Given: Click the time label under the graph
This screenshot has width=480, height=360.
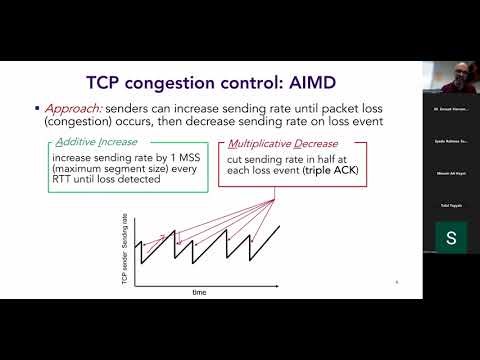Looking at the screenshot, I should click(x=200, y=292).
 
